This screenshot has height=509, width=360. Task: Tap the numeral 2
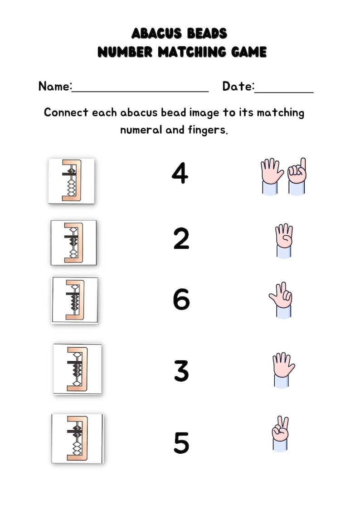click(181, 239)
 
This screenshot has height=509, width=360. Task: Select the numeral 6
click(181, 300)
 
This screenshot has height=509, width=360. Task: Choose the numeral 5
click(181, 443)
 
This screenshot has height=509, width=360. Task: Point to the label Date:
click(238, 86)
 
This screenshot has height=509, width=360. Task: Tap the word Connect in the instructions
click(66, 112)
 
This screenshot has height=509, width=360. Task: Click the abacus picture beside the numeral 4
click(72, 180)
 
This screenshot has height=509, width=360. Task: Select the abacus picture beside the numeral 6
click(75, 300)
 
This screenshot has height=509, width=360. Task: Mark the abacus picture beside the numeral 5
click(77, 438)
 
